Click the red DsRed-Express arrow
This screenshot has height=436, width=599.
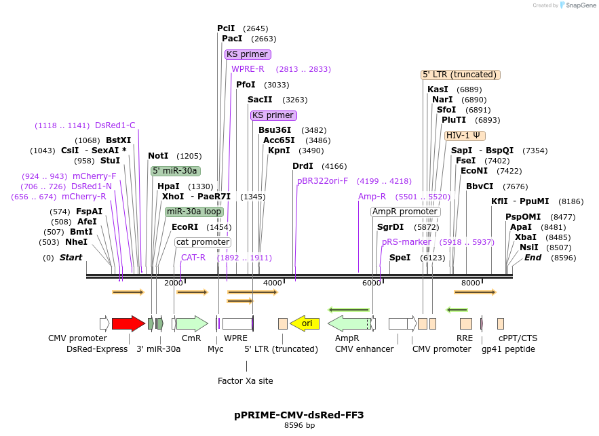[128, 323]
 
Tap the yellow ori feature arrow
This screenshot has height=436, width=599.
[305, 323]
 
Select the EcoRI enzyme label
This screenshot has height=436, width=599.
[185, 227]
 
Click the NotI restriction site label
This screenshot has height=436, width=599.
[158, 156]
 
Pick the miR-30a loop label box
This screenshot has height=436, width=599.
[194, 212]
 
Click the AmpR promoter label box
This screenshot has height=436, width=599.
[405, 212]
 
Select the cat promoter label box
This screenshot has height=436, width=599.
[203, 242]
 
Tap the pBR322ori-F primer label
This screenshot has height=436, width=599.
[322, 181]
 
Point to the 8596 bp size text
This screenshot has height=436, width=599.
[299, 426]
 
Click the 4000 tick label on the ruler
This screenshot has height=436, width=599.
[272, 283]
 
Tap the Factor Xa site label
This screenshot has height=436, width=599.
[246, 381]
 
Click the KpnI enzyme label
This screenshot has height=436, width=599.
[278, 151]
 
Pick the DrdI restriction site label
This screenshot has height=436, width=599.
[303, 166]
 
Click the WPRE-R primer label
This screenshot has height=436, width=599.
[248, 69]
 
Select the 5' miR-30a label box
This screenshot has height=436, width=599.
[174, 171]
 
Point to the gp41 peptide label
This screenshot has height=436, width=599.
[508, 349]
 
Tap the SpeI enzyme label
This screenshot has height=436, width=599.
[400, 258]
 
